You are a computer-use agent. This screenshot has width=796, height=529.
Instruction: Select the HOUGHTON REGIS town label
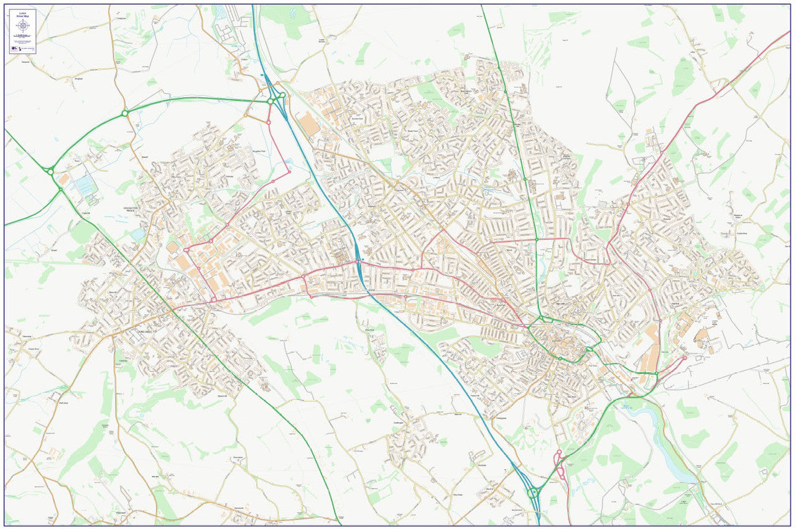[135, 210]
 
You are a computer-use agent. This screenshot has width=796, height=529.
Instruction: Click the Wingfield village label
[78, 79]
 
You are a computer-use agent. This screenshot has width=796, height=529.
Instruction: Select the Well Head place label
[63, 403]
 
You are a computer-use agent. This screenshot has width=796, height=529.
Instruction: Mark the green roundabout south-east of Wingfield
[124, 113]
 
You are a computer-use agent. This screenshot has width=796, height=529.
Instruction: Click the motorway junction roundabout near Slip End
[534, 492]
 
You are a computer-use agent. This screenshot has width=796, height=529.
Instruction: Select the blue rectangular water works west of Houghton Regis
[85, 185]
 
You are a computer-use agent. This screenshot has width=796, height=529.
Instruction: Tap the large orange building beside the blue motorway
[308, 124]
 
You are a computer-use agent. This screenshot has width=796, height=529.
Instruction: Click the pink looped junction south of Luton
[560, 464]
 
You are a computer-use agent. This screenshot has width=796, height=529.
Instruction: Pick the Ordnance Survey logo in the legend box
[16, 48]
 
